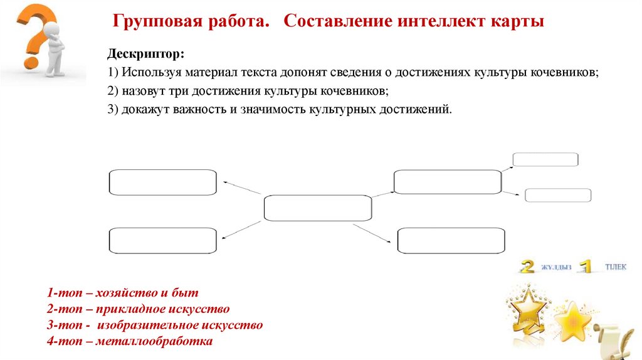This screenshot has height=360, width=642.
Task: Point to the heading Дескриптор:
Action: pyautogui.click(x=145, y=54)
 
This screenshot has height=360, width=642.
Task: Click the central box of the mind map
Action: pyautogui.click(x=317, y=208)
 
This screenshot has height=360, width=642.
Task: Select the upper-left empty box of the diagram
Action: pyautogui.click(x=163, y=182)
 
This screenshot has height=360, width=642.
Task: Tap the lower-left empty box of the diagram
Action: pyautogui.click(x=163, y=241)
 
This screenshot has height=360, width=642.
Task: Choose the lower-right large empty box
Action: pyautogui.click(x=451, y=241)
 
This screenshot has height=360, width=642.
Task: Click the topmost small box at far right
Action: pyautogui.click(x=545, y=160)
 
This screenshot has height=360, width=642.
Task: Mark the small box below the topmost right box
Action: pyautogui.click(x=557, y=195)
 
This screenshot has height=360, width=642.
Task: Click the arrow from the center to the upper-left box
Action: pyautogui.click(x=241, y=187)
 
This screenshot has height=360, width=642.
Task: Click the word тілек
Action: pyautogui.click(x=615, y=267)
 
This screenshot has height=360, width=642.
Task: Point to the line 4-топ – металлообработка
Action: pyautogui.click(x=130, y=342)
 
